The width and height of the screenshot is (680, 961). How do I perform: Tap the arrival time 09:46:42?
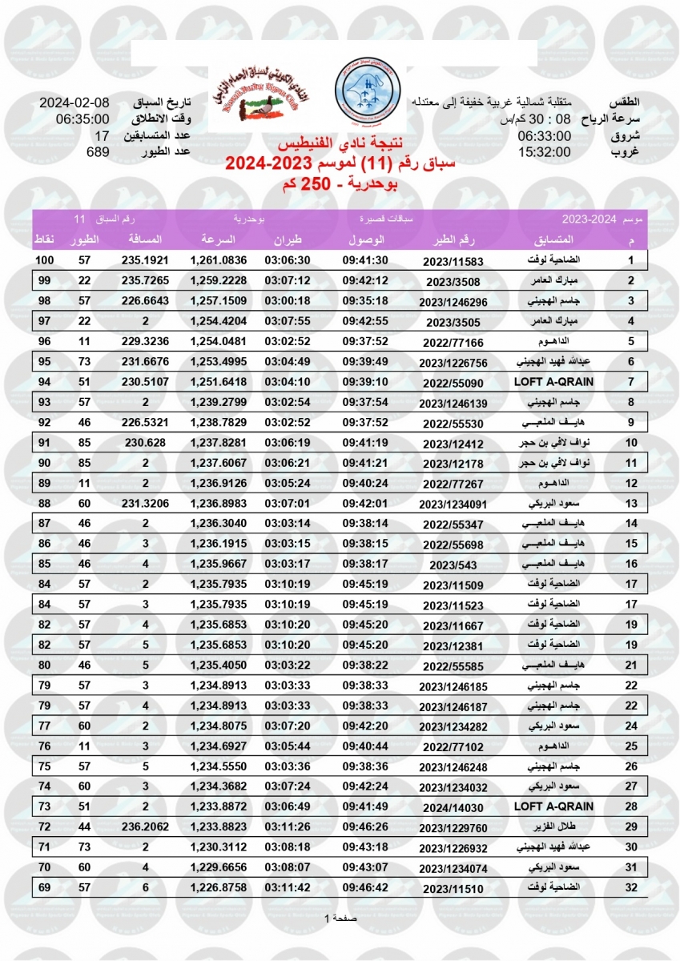click(x=365, y=888)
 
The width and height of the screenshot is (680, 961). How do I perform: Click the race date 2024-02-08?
click(x=74, y=104)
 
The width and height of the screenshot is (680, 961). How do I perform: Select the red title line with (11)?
click(x=340, y=164)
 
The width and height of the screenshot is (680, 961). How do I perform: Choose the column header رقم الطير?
click(x=454, y=239)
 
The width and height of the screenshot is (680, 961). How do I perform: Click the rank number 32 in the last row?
click(x=630, y=888)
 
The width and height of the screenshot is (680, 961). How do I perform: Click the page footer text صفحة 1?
click(x=340, y=918)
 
